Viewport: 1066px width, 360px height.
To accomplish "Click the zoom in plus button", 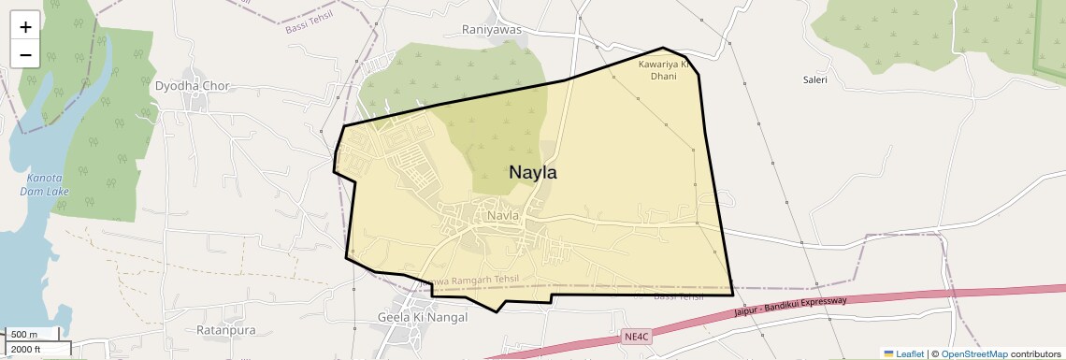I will [25, 27].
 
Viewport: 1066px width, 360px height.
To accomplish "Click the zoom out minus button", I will [25, 54].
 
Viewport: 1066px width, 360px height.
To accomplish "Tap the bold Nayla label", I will [533, 173].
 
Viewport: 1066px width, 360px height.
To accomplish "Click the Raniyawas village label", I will [492, 29].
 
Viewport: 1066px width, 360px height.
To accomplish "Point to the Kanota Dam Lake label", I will [45, 184].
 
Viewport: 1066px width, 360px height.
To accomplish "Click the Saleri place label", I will [815, 80].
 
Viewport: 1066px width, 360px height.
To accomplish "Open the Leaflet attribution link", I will [903, 353].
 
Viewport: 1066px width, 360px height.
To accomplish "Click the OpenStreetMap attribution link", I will [973, 353].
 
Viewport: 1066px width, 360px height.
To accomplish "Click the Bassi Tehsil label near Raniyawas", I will [309, 25].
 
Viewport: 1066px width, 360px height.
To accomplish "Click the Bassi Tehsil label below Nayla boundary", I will [678, 297].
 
